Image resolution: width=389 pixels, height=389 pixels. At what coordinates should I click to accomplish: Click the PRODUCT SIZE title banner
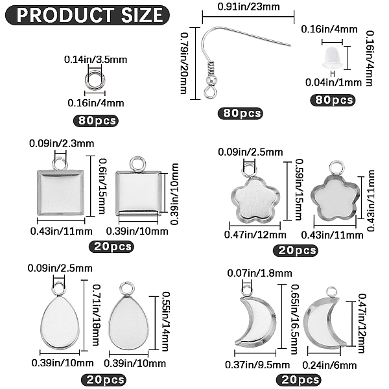88,15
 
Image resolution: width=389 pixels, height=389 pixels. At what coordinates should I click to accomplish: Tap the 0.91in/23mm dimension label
248,6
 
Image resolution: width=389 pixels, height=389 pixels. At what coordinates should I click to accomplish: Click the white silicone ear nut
333,58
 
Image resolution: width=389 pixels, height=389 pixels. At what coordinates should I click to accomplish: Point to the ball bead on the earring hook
211,80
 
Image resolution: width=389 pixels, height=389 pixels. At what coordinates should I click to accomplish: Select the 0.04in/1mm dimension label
333,82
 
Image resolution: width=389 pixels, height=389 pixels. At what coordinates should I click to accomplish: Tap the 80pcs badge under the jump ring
96,121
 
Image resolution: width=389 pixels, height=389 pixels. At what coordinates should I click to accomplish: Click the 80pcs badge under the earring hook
240,113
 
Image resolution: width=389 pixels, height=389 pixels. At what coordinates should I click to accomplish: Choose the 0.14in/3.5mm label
95,60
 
